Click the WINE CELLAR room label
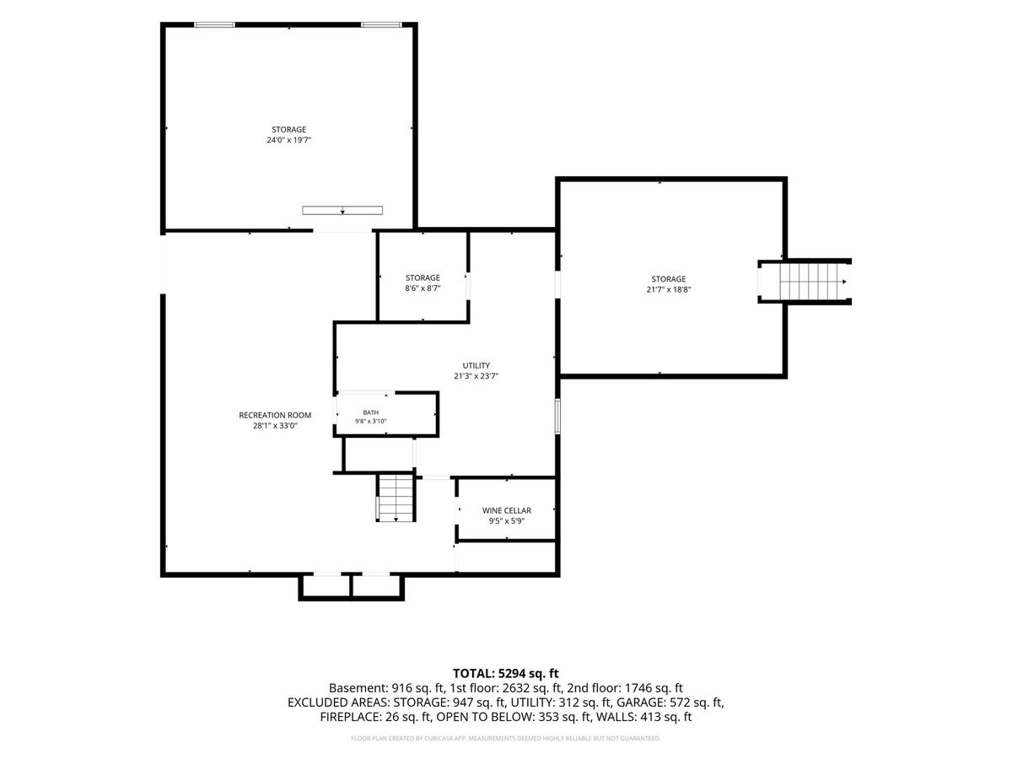coord(506,510)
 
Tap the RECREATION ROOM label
coord(275,415)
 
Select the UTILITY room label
coord(476,365)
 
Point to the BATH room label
coord(371,412)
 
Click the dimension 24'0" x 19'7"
coord(288,140)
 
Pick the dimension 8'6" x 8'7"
coord(423,288)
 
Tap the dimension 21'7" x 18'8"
coord(669,289)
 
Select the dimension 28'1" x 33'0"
coord(275,426)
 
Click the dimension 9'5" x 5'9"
coord(506,521)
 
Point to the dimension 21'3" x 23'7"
coord(476,376)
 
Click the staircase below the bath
coord(396,498)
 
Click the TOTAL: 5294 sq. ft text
coord(505,674)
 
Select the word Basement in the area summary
coord(358,688)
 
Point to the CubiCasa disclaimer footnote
coord(505,739)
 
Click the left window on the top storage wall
coord(214,24)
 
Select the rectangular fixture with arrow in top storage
coord(342,210)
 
